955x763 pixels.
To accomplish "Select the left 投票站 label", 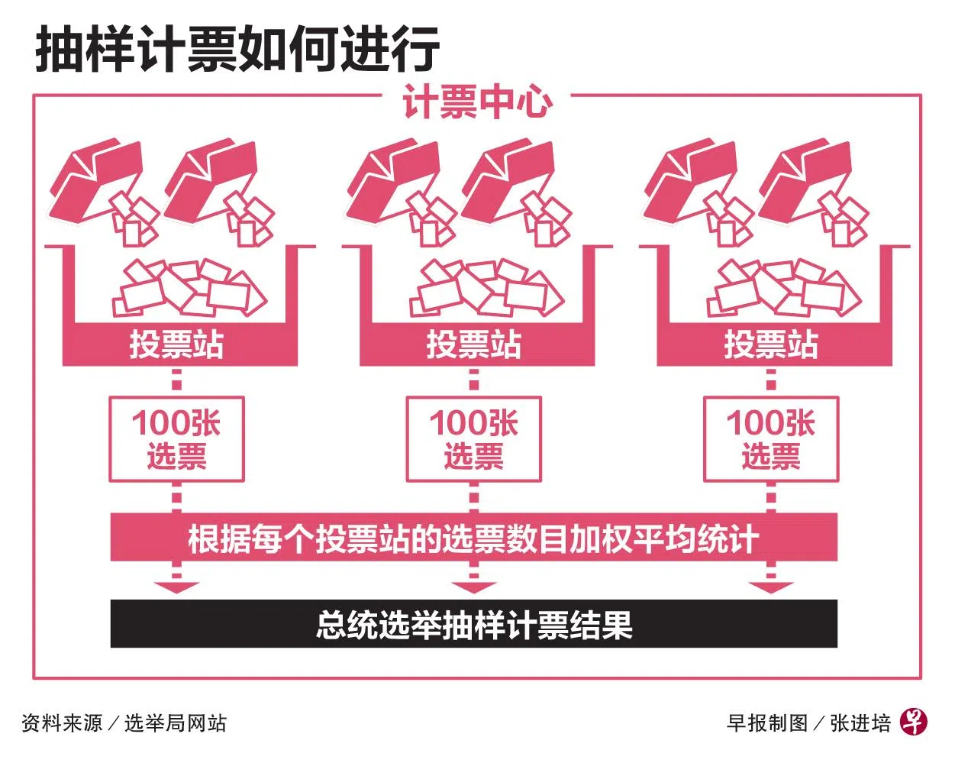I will click(176, 344).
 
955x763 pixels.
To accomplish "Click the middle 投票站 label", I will click(474, 344).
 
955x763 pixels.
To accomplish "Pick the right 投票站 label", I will click(771, 344).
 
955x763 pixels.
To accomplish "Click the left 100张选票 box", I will click(176, 439).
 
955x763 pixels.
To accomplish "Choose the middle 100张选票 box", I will click(474, 439).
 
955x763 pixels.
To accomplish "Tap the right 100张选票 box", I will click(771, 439).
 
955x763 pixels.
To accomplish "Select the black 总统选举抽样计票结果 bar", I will click(474, 624).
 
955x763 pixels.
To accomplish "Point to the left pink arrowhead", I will click(176, 587).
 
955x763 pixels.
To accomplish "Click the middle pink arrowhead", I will click(474, 587).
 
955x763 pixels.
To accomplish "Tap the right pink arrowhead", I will click(771, 587).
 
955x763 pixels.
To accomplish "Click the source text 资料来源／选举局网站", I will click(124, 723).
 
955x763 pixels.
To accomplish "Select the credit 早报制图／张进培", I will click(808, 723).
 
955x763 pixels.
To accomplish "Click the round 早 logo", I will click(913, 722).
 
